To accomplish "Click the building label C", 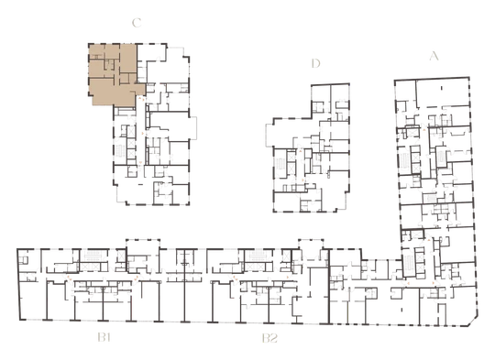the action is (137, 23).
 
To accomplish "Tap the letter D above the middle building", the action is (315, 63).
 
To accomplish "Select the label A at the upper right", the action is (434, 56).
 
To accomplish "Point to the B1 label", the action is (104, 338).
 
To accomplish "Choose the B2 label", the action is (269, 338).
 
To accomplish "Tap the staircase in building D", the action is (280, 164).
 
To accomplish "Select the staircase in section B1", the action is (93, 256).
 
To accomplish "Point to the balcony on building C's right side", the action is (193, 127).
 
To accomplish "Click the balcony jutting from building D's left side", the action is (269, 135).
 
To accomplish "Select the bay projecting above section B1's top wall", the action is (143, 244).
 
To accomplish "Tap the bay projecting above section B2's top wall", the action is (311, 244).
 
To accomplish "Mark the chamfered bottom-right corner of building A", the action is (473, 322).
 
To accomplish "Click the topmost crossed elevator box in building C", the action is (131, 131).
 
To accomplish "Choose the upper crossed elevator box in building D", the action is (291, 157).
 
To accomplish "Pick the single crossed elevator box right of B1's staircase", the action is (120, 256).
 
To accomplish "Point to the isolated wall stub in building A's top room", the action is (442, 88).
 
